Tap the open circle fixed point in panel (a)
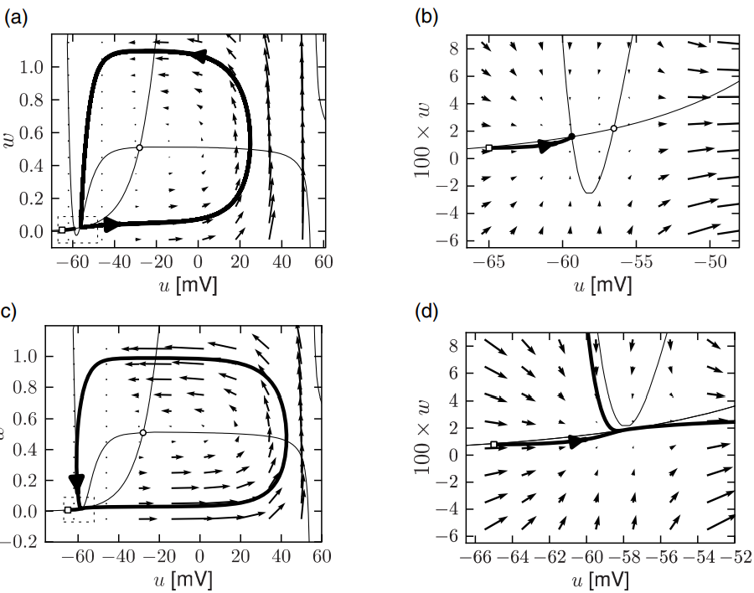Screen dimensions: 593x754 (x=139, y=147)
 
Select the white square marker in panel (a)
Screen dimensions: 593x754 (x=62, y=229)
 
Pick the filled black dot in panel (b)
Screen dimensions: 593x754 (x=571, y=136)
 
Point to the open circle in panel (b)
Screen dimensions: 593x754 (x=614, y=128)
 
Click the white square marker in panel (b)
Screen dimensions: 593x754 (x=489, y=148)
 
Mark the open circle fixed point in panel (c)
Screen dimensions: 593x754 (x=143, y=433)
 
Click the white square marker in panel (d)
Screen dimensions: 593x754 (x=493, y=445)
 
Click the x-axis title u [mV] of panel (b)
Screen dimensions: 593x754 (x=602, y=286)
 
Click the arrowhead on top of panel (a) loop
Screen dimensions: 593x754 (x=199, y=56)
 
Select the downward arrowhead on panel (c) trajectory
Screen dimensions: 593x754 (x=77, y=482)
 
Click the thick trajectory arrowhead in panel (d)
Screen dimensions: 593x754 (x=576, y=441)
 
